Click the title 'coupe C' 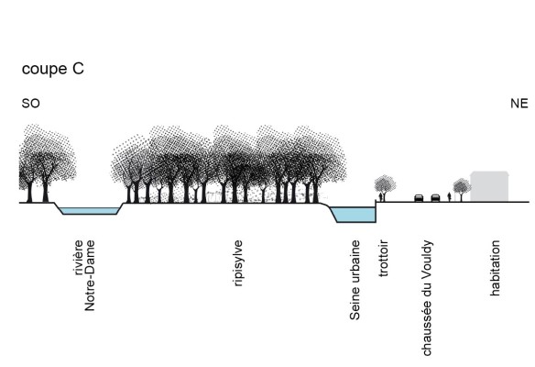53,69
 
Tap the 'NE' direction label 519,105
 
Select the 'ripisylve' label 238,265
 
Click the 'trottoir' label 384,262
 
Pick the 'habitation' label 495,268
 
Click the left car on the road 419,198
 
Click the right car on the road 435,198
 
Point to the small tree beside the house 462,188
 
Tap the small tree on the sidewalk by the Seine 386,184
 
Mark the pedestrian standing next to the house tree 450,196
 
